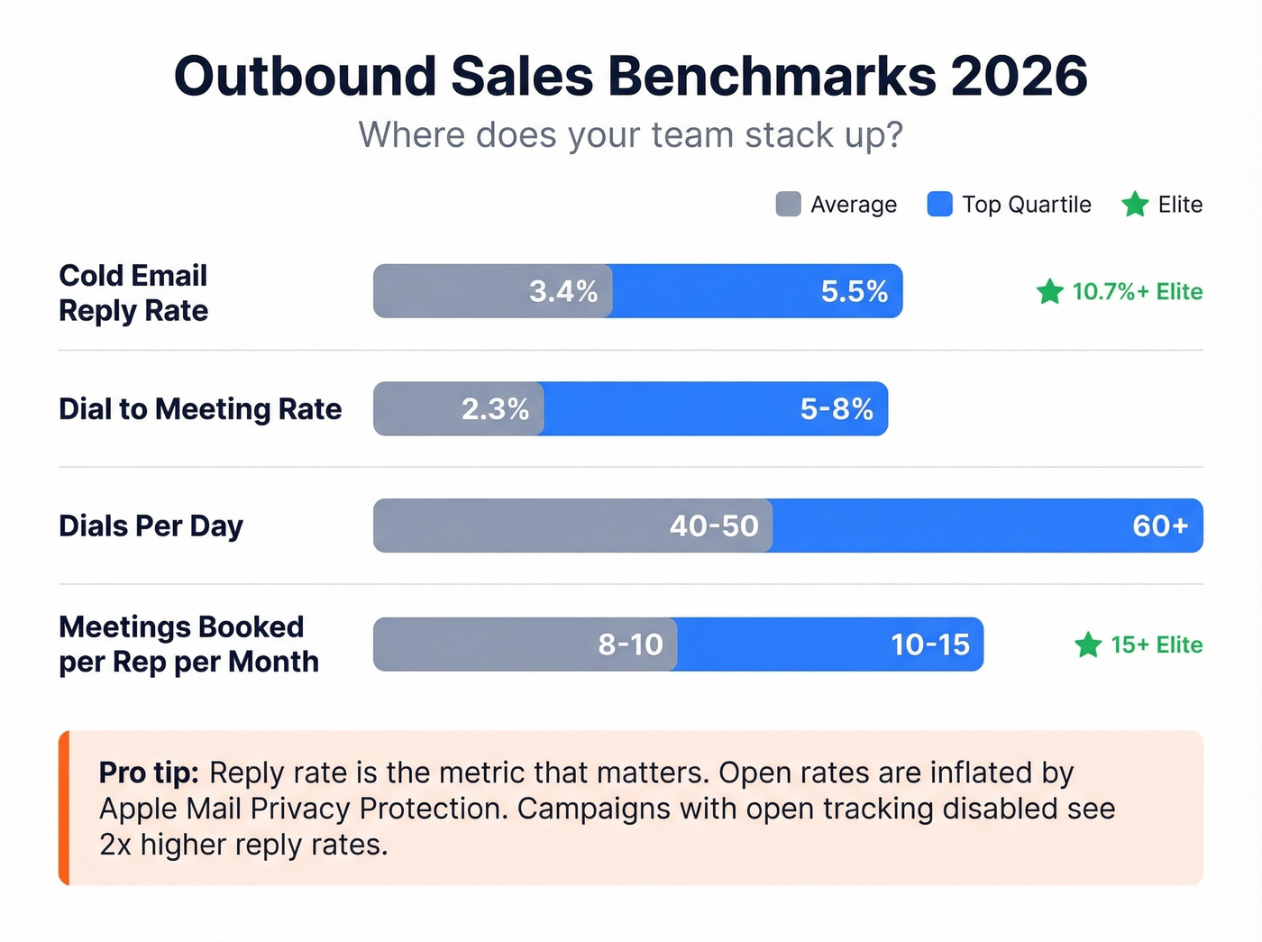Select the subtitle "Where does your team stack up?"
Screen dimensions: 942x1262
tap(630, 135)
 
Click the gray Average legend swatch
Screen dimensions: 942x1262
tap(788, 205)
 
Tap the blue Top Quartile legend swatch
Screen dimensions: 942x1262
tap(939, 205)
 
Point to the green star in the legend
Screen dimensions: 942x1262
tap(1135, 205)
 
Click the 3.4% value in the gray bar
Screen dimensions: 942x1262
tap(562, 291)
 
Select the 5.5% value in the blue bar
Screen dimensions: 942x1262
tap(854, 291)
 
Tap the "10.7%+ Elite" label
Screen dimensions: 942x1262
tap(1137, 291)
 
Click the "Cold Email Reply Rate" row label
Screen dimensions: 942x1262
tap(133, 292)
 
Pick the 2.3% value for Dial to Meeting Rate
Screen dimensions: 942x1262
tap(495, 409)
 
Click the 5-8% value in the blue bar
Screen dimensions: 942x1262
tap(837, 409)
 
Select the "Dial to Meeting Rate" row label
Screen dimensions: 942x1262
tap(200, 409)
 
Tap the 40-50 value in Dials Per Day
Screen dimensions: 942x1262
tap(714, 526)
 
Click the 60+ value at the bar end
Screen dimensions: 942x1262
tap(1160, 526)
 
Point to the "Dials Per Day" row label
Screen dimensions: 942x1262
tap(151, 526)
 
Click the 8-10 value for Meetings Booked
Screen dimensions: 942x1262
tap(630, 645)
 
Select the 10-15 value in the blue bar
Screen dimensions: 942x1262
tap(930, 645)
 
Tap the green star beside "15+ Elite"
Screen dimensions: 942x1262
tap(1088, 645)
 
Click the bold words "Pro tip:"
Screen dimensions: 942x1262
tap(149, 773)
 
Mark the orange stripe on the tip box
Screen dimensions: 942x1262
tap(64, 808)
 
